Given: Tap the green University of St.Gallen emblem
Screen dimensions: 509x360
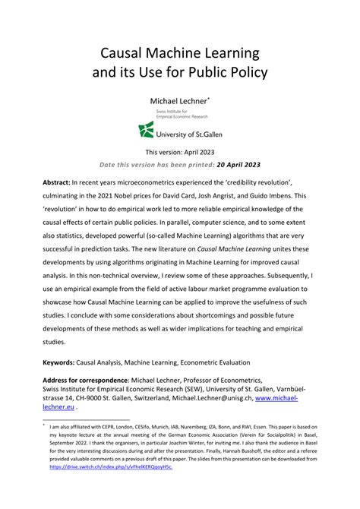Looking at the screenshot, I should pos(147,131).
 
